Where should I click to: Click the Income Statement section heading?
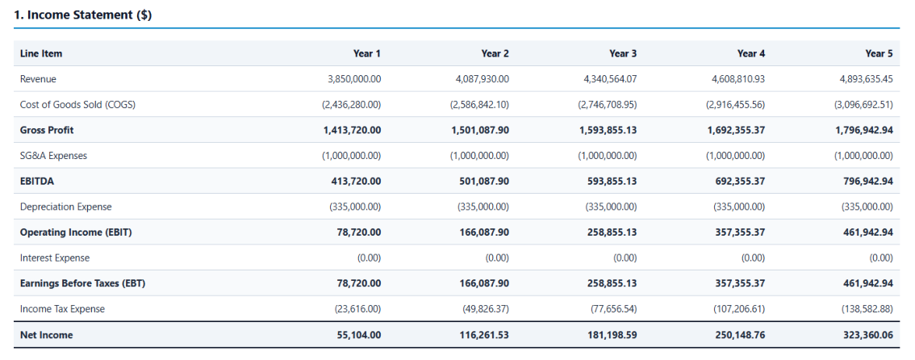click(x=83, y=16)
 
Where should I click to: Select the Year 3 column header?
click(x=623, y=54)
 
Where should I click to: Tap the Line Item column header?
click(x=41, y=54)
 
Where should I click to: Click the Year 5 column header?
click(x=879, y=54)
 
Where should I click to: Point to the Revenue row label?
click(x=38, y=79)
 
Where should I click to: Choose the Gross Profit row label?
click(x=47, y=130)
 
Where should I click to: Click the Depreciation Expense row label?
click(x=65, y=207)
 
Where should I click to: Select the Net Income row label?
click(x=46, y=335)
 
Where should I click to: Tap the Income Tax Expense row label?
click(x=62, y=309)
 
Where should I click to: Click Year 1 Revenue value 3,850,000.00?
click(x=354, y=79)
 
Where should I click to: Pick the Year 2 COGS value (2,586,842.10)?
click(x=479, y=105)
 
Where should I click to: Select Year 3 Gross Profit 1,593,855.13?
click(x=608, y=130)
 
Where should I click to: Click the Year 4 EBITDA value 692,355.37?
click(x=741, y=182)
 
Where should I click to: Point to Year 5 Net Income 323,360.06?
click(x=868, y=335)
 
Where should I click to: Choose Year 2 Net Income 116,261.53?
click(x=484, y=335)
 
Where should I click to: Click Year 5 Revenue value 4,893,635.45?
click(x=867, y=79)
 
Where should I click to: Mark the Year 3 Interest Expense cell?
click(x=625, y=258)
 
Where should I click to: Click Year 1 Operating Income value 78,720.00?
click(x=360, y=232)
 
